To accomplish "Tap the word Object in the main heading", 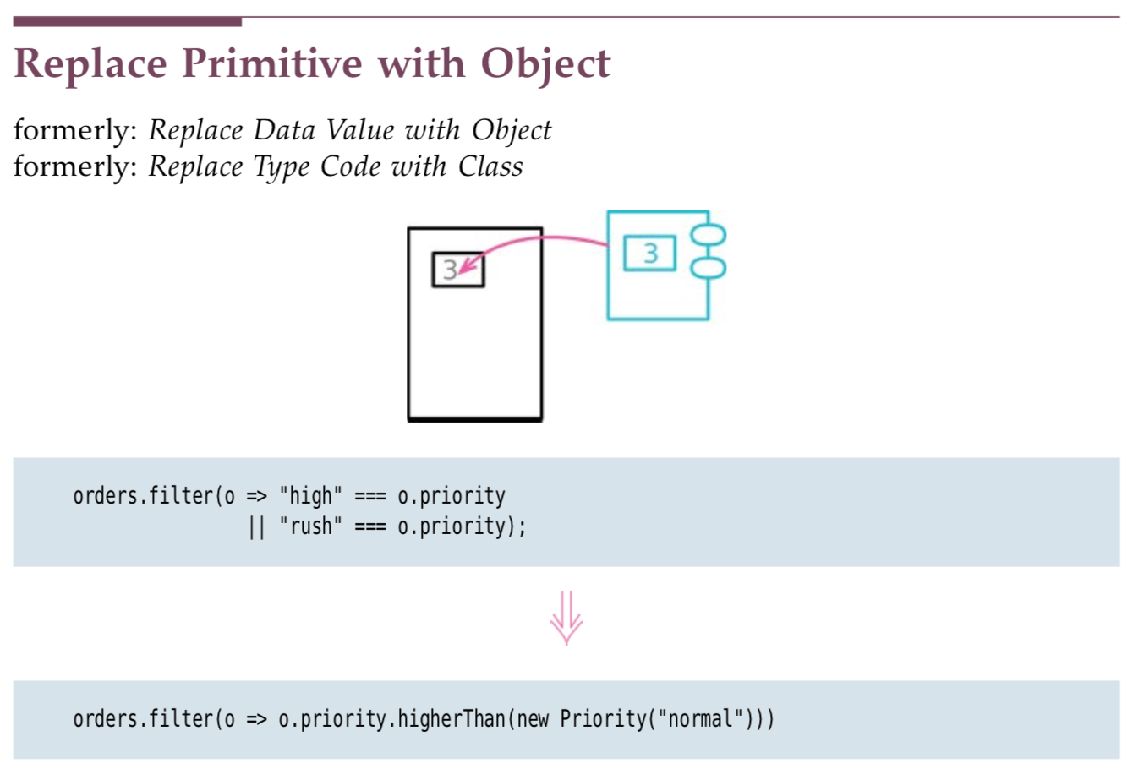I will pyautogui.click(x=546, y=64).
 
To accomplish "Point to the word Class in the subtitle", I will pyautogui.click(x=490, y=166).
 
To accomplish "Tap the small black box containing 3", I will pyautogui.click(x=458, y=270).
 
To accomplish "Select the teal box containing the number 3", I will pyautogui.click(x=649, y=253).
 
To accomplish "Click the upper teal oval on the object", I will pyautogui.click(x=709, y=234).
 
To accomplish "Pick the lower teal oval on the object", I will pyautogui.click(x=709, y=268).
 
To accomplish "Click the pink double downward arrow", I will pyautogui.click(x=566, y=618).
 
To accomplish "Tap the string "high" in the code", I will pyautogui.click(x=310, y=496).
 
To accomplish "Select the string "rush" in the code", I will pyautogui.click(x=310, y=526).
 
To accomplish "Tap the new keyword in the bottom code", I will pyautogui.click(x=533, y=719).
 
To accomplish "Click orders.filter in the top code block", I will pyautogui.click(x=144, y=496).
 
